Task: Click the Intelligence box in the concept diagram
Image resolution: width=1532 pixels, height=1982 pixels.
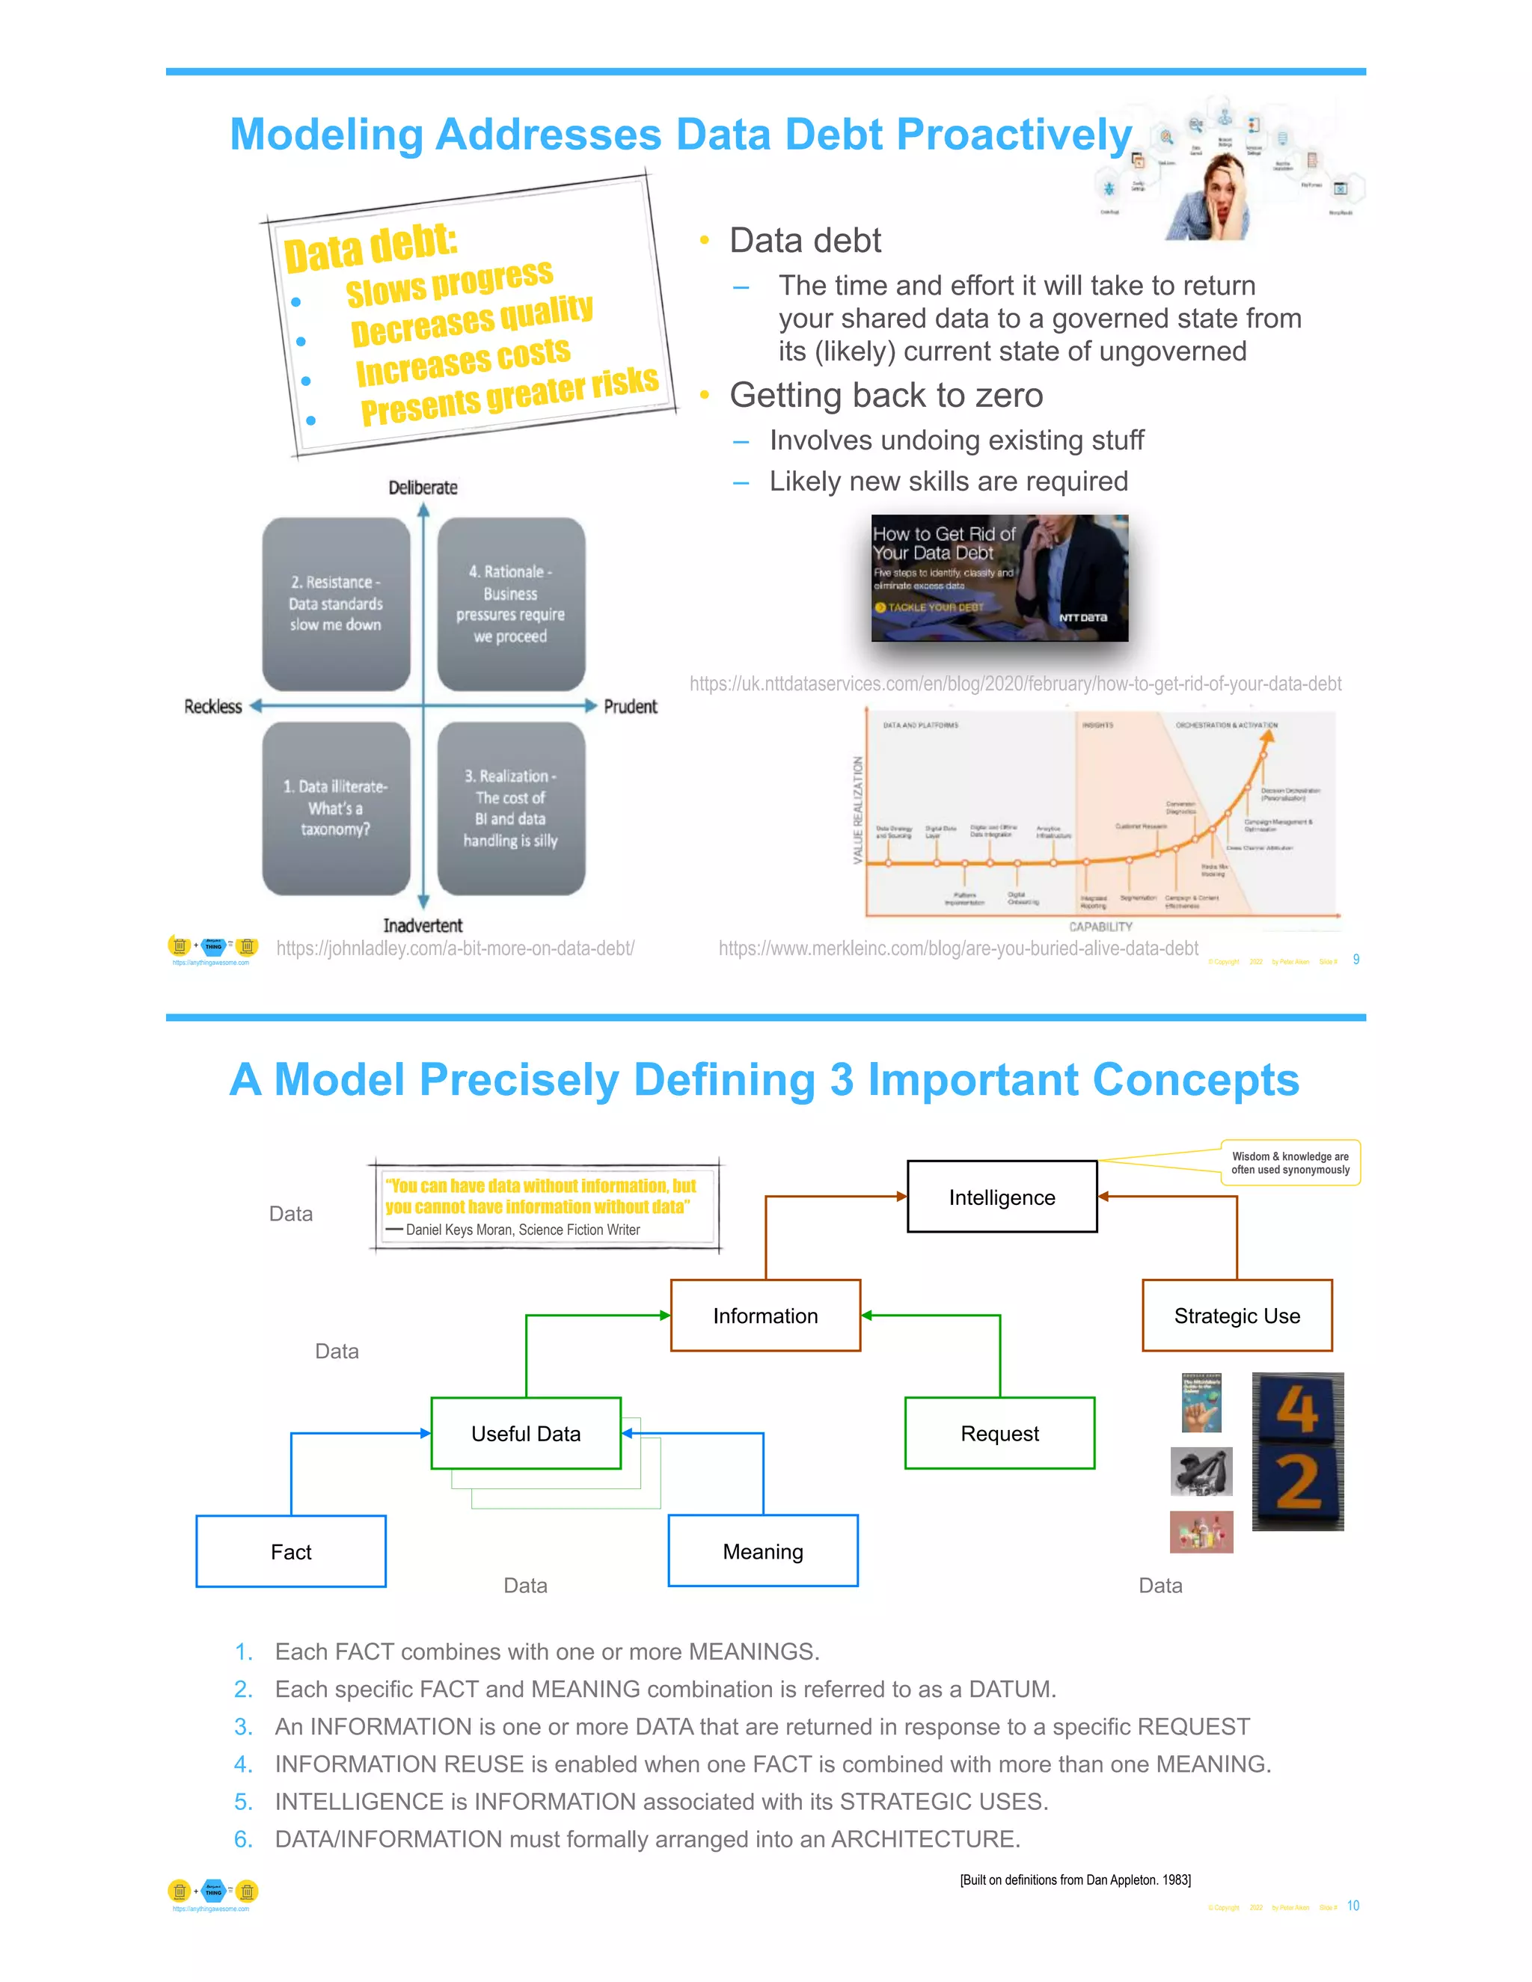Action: [1002, 1197]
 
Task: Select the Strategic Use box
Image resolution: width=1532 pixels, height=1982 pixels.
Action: [1237, 1316]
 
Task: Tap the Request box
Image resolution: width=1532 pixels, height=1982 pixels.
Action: [999, 1434]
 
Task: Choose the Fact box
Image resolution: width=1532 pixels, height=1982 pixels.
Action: [290, 1552]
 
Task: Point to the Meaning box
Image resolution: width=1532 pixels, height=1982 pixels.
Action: [762, 1552]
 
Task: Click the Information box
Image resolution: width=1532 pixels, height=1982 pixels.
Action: [765, 1316]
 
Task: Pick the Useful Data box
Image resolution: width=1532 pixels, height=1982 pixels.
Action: [525, 1434]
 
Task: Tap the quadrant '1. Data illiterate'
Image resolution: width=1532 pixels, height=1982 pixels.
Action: [336, 808]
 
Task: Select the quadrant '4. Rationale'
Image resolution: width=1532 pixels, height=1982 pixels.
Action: [511, 604]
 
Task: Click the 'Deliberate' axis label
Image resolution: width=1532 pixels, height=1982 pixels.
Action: [423, 488]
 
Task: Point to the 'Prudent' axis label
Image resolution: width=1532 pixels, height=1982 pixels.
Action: [630, 706]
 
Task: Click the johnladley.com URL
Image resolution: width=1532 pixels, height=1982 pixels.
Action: [455, 948]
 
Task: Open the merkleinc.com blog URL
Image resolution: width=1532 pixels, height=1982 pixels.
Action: [958, 948]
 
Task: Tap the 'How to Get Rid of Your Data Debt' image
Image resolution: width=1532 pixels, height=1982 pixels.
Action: [999, 578]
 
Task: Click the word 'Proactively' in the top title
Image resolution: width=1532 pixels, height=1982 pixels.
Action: [1014, 135]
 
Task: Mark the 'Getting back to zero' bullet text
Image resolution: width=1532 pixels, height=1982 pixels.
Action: [886, 396]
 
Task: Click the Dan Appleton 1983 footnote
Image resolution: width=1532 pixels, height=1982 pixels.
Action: [1076, 1880]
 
